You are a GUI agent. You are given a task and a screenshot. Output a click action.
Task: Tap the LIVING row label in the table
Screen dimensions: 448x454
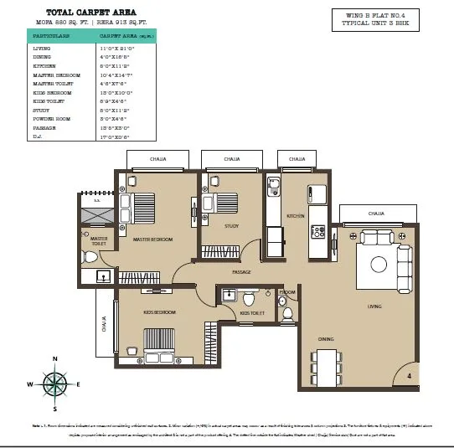[43, 49]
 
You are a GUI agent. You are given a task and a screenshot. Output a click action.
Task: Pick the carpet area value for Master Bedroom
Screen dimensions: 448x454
[118, 75]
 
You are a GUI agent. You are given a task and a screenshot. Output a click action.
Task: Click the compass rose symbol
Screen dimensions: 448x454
[55, 384]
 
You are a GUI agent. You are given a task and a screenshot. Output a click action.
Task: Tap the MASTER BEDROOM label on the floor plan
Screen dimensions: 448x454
[153, 239]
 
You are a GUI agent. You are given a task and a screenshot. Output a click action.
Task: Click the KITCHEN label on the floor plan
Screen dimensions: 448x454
[296, 216]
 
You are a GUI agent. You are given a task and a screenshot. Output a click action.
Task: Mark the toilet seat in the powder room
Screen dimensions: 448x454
[287, 313]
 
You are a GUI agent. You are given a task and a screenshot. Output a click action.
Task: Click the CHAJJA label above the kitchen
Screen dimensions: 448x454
[297, 159]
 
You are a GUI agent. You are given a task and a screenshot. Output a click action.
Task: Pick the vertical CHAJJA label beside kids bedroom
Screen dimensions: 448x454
[103, 323]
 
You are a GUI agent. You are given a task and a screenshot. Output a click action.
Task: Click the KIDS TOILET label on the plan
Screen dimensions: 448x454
[252, 313]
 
